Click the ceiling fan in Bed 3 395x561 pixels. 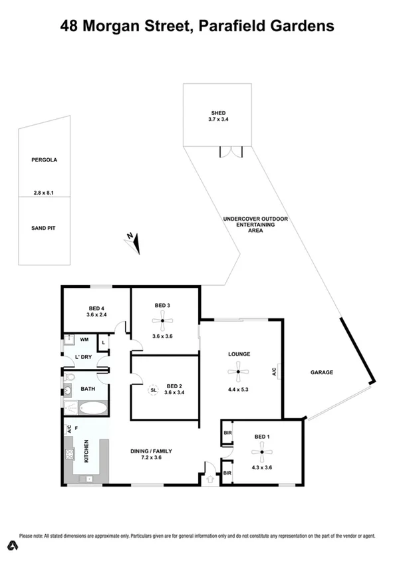coord(162,322)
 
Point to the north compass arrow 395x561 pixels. coord(135,243)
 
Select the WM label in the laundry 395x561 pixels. coord(84,340)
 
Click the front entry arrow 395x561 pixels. coord(211,477)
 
